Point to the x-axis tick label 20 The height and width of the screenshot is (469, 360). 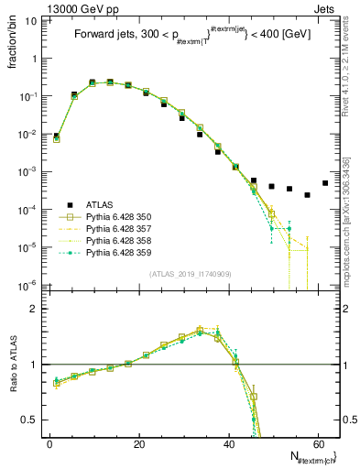[139, 444]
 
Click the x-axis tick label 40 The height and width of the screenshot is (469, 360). [229, 444]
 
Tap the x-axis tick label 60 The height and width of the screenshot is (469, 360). [319, 444]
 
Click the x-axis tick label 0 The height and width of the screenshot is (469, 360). [50, 444]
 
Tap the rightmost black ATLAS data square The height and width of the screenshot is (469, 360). [325, 182]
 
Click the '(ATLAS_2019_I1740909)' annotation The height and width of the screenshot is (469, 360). [190, 274]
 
